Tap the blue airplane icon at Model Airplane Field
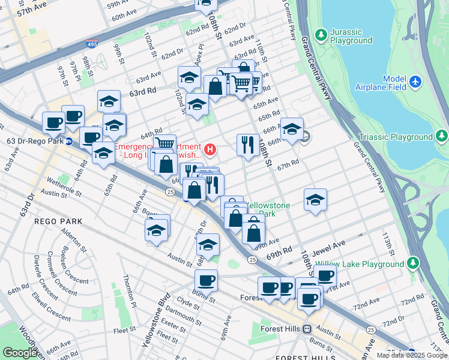click(x=415, y=80)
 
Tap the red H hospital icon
click(x=209, y=148)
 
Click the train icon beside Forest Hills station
click(x=307, y=329)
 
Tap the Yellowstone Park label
click(x=268, y=209)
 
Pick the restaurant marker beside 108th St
click(x=247, y=145)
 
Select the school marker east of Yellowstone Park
click(x=315, y=200)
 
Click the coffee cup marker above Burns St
click(x=206, y=280)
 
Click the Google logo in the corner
click(x=20, y=353)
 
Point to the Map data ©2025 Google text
click(x=411, y=355)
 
